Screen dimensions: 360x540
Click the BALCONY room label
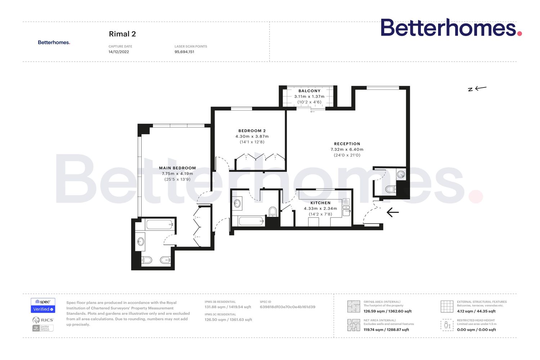[x=309, y=91]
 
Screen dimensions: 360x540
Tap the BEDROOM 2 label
[x=252, y=131]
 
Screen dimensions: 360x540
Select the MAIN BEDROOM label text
[x=177, y=168]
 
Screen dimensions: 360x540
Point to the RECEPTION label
[x=347, y=144]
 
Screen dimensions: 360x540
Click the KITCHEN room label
[x=320, y=203]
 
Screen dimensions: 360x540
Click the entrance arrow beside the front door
[x=392, y=212]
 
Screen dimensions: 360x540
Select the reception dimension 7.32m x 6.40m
[x=347, y=149]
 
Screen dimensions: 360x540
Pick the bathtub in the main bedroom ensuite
[x=159, y=225]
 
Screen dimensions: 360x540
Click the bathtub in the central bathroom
[x=251, y=221]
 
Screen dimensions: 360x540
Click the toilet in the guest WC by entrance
[x=390, y=189]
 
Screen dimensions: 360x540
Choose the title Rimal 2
[x=122, y=34]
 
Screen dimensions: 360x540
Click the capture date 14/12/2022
[x=119, y=52]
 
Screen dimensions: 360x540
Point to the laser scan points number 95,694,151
[x=184, y=52]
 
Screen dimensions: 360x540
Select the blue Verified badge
[x=43, y=309]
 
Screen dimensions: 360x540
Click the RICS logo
[x=43, y=320]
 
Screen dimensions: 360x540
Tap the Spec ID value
[x=287, y=307]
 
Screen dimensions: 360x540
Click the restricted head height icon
[x=447, y=325]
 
